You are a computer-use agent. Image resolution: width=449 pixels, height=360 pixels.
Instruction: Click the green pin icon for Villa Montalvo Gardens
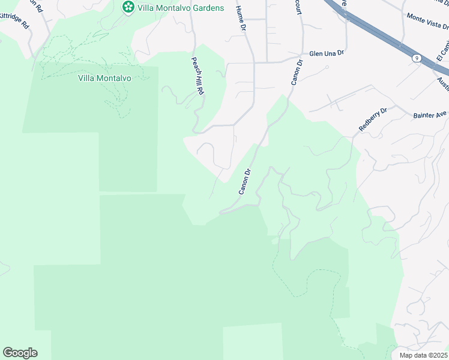[x=128, y=7]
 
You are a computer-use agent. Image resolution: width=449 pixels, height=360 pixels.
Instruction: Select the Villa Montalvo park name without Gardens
[x=105, y=78]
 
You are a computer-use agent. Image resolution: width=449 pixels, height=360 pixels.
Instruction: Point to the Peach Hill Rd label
[x=198, y=76]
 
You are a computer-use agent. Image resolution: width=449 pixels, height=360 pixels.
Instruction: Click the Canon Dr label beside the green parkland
[x=244, y=181]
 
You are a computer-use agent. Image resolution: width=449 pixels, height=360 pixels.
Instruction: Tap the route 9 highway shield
[x=416, y=58]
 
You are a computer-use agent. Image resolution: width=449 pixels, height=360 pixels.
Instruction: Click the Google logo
[x=20, y=353]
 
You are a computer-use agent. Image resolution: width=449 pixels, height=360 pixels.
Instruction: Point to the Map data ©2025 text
[x=424, y=355]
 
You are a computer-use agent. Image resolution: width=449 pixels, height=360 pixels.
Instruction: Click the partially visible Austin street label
[x=443, y=82]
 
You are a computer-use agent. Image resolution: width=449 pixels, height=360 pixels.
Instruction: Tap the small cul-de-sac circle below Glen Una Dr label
[x=327, y=67]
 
